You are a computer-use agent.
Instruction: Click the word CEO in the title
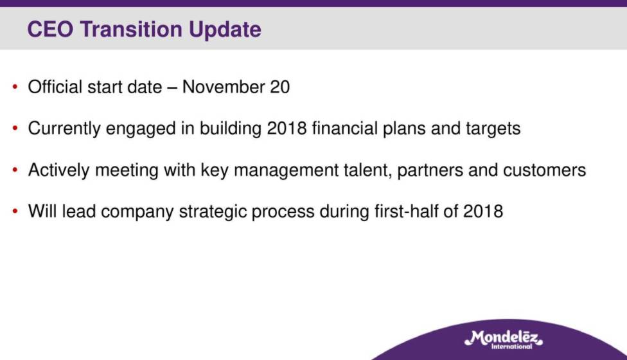click(x=50, y=29)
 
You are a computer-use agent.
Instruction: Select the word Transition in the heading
click(x=131, y=29)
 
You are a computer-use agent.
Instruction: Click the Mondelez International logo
click(x=504, y=339)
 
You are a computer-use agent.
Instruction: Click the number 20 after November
click(x=279, y=87)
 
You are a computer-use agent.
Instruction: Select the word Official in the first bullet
click(x=55, y=87)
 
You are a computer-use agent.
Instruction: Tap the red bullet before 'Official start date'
click(x=15, y=86)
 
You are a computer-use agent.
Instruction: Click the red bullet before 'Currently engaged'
click(x=15, y=128)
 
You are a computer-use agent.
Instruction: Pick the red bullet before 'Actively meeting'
click(x=15, y=170)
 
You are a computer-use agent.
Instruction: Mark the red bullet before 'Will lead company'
click(x=15, y=211)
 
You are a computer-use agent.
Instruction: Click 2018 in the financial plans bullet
click(x=287, y=129)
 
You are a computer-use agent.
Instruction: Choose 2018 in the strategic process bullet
click(x=483, y=212)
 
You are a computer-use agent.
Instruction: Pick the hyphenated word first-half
click(x=406, y=211)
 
